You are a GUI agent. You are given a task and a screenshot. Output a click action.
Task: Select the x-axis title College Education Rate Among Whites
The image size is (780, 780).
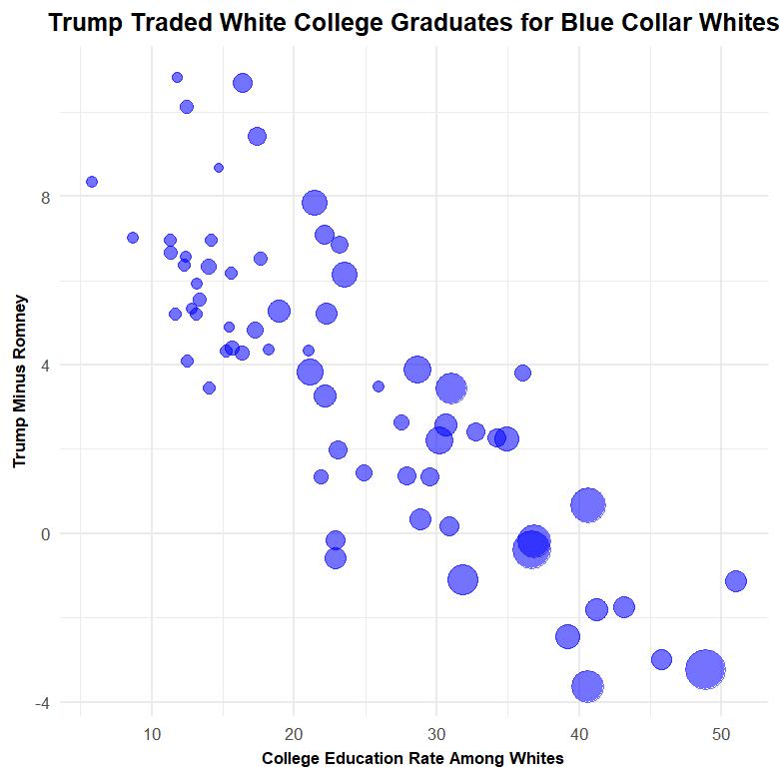[x=412, y=759]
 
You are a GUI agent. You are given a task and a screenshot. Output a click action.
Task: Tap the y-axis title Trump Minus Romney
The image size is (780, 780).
[x=19, y=381]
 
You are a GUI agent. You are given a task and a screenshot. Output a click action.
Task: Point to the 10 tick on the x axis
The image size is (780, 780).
[x=151, y=735]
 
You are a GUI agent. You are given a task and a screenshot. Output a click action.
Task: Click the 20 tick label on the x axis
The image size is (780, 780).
[x=294, y=735]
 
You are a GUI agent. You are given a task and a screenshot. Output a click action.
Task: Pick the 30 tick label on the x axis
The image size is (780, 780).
[x=436, y=735]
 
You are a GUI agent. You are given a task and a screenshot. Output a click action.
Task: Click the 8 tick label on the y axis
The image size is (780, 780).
[x=45, y=197]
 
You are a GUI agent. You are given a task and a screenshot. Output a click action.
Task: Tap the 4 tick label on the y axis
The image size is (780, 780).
[x=45, y=365]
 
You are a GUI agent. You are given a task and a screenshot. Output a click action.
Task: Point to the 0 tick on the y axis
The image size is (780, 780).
[x=45, y=533]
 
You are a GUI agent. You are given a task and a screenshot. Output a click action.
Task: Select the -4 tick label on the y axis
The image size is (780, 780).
[x=41, y=702]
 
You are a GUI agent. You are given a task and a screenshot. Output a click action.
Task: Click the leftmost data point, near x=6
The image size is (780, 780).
[x=92, y=182]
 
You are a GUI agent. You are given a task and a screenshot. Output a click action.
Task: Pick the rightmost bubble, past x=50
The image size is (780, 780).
[x=736, y=581]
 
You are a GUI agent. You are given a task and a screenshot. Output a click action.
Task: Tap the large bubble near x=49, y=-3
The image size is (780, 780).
[x=706, y=669]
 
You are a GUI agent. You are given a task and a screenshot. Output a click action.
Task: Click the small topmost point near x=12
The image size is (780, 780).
[x=178, y=77]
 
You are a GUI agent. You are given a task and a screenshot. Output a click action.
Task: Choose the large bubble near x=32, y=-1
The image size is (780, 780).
[x=462, y=579]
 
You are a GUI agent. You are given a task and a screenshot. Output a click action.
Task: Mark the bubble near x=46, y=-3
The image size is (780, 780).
[x=661, y=659]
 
